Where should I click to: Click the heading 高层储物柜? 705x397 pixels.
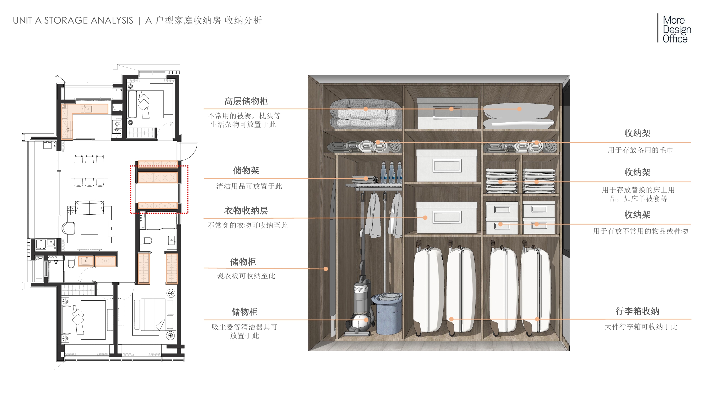pos(246,101)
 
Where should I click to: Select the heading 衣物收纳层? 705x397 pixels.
pos(246,211)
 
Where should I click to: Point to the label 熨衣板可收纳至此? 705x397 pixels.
pos(246,276)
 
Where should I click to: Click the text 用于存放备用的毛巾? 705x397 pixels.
pos(640,150)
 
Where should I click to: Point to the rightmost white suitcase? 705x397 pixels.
pos(536,290)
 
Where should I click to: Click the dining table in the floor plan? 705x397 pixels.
pos(89,170)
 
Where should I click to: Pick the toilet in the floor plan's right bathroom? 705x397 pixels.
pos(146,241)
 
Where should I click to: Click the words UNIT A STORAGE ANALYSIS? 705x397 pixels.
pos(73,21)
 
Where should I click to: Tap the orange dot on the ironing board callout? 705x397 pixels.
pos(326,269)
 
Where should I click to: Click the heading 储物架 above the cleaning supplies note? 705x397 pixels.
pos(246,171)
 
